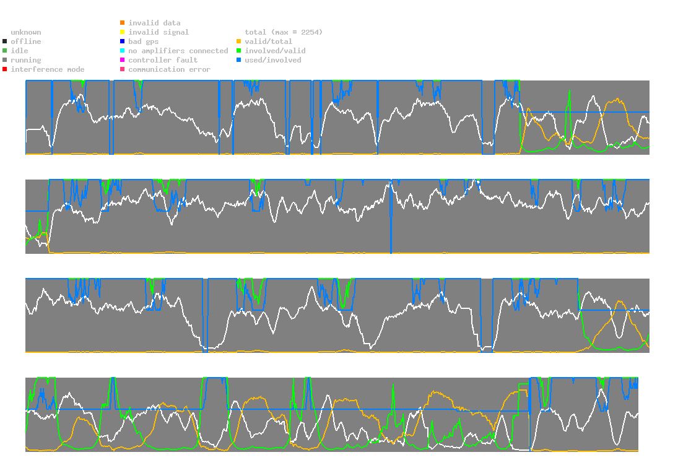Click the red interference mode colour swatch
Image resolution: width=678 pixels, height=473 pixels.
click(x=5, y=69)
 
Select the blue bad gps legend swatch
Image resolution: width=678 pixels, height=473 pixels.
click(x=123, y=41)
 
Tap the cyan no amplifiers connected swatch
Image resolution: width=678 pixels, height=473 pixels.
click(x=123, y=51)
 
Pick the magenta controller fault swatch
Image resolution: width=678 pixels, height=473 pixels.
click(x=123, y=60)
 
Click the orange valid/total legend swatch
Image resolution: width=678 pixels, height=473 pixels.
click(x=239, y=41)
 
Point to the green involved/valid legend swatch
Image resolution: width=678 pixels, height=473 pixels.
click(x=239, y=51)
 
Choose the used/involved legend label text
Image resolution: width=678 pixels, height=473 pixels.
click(x=272, y=60)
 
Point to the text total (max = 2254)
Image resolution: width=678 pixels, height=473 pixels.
click(x=284, y=32)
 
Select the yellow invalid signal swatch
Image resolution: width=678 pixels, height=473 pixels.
click(x=123, y=32)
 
